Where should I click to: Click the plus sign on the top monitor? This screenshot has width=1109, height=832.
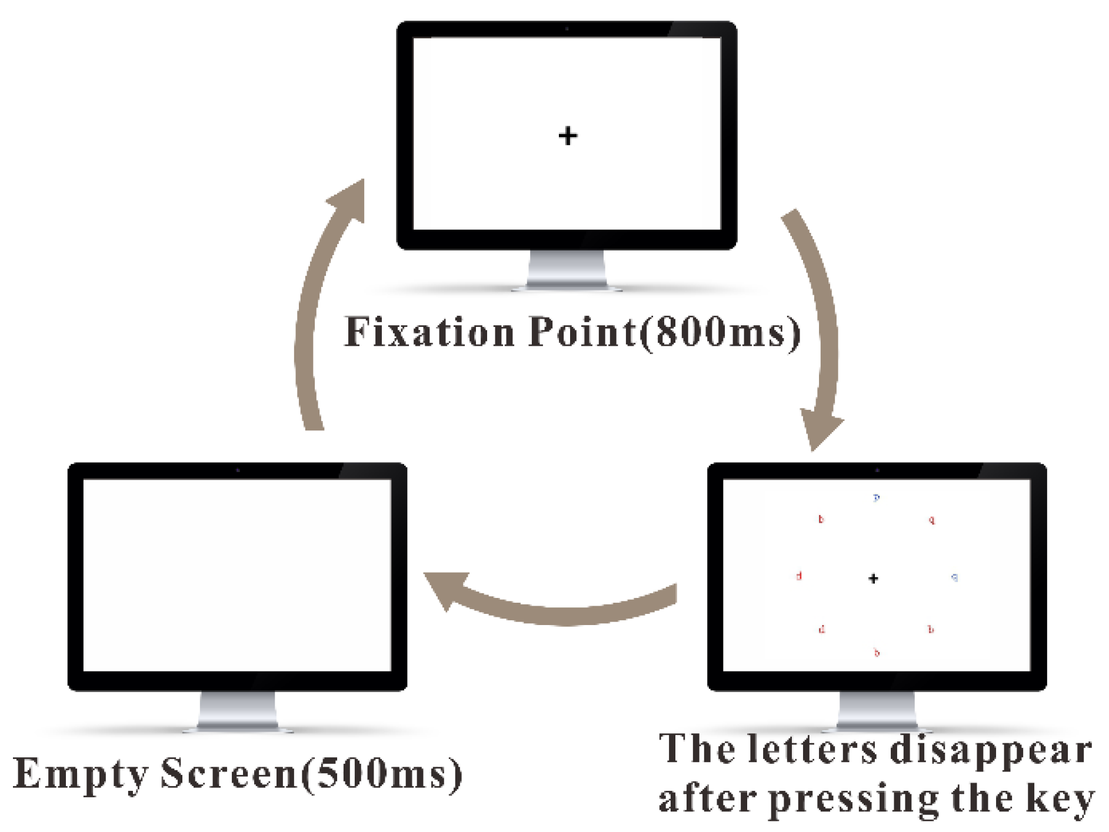(x=568, y=136)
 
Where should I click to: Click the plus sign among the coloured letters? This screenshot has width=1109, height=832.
(x=873, y=579)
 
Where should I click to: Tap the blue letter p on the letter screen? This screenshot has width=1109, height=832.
(x=877, y=498)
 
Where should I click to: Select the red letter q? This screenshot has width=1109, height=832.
(x=931, y=520)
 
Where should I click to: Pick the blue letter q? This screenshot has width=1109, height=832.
(x=954, y=577)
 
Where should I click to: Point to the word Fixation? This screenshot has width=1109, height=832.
(x=429, y=332)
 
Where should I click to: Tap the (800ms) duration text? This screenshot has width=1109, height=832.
(x=721, y=333)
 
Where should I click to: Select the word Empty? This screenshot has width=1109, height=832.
(x=81, y=774)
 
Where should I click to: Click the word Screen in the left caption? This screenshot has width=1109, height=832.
(x=229, y=773)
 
